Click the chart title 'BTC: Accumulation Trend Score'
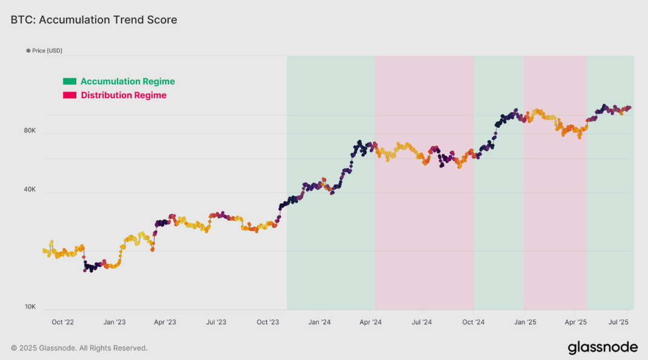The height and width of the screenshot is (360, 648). (x=94, y=20)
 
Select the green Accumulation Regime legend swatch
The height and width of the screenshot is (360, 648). (x=70, y=81)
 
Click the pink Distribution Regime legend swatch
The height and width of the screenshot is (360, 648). (x=70, y=95)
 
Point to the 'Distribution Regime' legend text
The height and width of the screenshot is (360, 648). (x=123, y=95)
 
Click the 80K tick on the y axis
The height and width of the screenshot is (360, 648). (x=30, y=130)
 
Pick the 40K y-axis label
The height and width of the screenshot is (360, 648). (x=30, y=190)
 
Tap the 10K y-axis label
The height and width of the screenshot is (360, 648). (x=30, y=307)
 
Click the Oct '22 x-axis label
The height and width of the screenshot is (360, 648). (x=62, y=322)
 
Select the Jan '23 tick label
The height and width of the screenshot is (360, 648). (x=114, y=322)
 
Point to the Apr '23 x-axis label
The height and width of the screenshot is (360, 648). (x=164, y=322)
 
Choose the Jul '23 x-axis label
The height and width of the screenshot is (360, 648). (x=216, y=322)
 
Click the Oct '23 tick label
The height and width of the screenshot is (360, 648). (x=267, y=322)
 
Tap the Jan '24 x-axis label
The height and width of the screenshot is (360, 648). (x=319, y=322)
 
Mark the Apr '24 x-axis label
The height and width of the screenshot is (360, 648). (x=370, y=322)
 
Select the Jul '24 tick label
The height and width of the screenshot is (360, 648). (x=421, y=322)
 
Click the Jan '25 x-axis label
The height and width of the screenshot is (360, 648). (x=525, y=322)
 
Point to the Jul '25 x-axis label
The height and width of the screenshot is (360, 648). (x=618, y=322)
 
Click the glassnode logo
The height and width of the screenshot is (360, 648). (x=603, y=347)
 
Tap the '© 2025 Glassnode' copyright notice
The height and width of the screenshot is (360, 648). (x=79, y=348)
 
